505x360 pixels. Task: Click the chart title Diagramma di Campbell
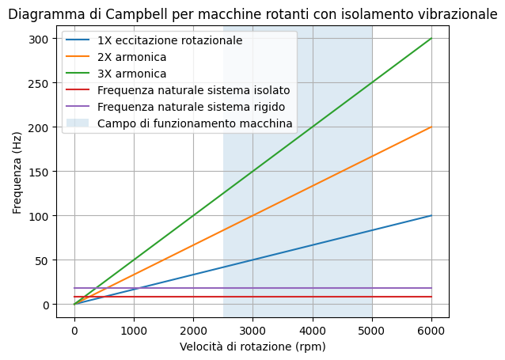(x=252, y=14)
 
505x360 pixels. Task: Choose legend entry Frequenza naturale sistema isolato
(x=193, y=90)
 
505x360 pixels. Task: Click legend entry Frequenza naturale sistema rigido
(x=190, y=107)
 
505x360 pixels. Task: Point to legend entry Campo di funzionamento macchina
(x=195, y=123)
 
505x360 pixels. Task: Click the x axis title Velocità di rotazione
(x=252, y=347)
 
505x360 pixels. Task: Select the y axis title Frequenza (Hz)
(x=17, y=172)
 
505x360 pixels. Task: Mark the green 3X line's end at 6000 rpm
(x=431, y=39)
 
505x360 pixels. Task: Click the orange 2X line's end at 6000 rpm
(x=431, y=127)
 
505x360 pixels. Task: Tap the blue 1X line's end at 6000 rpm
(x=431, y=216)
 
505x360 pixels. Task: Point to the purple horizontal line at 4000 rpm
(x=313, y=288)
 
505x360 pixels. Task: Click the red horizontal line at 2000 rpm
(x=193, y=297)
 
